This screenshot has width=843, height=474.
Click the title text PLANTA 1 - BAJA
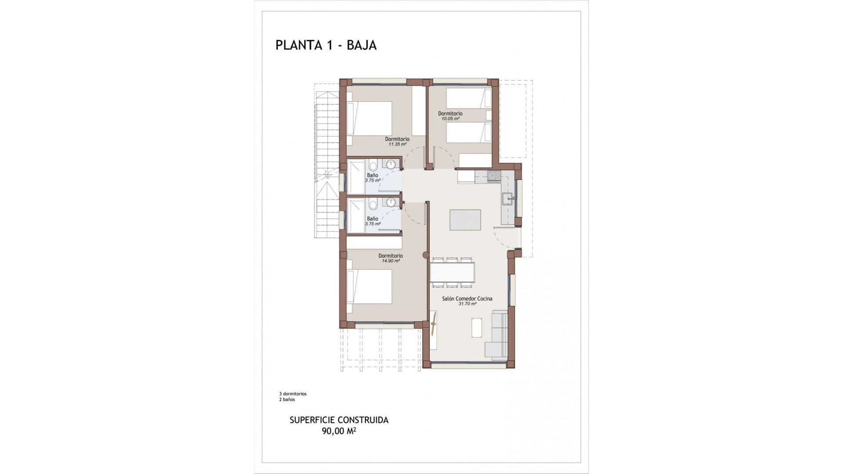point(326,45)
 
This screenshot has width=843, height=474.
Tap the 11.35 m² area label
point(397,144)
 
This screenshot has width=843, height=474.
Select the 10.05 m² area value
point(450,118)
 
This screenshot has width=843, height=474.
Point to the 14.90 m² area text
point(390,261)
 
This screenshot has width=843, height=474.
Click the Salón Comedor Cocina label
point(467,298)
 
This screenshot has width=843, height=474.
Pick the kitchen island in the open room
point(465,220)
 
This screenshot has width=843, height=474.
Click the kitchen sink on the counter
point(508,198)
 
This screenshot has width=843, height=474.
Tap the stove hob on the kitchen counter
point(494,176)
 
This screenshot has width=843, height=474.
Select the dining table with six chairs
point(452,272)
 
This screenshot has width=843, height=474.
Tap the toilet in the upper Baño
point(373,166)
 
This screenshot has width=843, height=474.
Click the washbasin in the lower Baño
point(390,202)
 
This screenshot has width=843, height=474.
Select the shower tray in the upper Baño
point(356,176)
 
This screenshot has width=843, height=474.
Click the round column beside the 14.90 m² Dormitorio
point(425,255)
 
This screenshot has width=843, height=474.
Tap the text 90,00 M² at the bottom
point(339,431)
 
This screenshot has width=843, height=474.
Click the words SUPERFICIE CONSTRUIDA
point(339,420)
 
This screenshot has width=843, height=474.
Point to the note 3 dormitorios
point(292,394)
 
